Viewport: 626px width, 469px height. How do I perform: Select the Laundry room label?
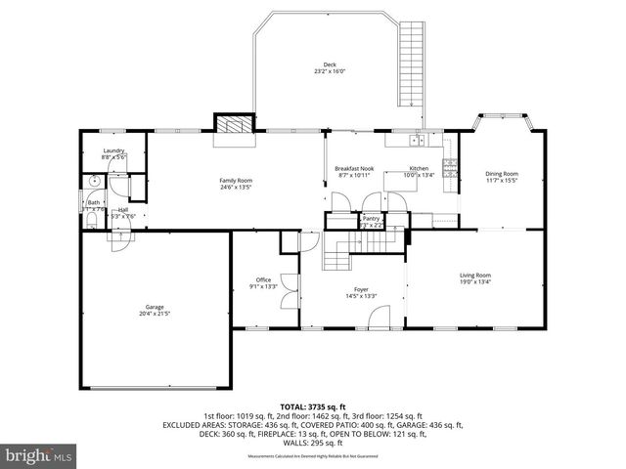tap(113, 150)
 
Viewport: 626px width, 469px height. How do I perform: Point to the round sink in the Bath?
tap(95, 182)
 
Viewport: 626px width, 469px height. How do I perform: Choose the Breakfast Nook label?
tap(354, 169)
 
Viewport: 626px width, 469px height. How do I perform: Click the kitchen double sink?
tap(418, 141)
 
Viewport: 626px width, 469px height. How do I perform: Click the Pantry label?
tap(371, 219)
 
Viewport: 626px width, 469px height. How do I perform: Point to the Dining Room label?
tap(501, 174)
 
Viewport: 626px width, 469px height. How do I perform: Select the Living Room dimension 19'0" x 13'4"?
tap(475, 282)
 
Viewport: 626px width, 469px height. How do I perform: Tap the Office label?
tap(264, 280)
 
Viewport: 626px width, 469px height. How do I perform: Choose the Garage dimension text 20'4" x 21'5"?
tap(156, 314)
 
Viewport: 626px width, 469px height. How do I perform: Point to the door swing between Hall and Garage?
tap(119, 238)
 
